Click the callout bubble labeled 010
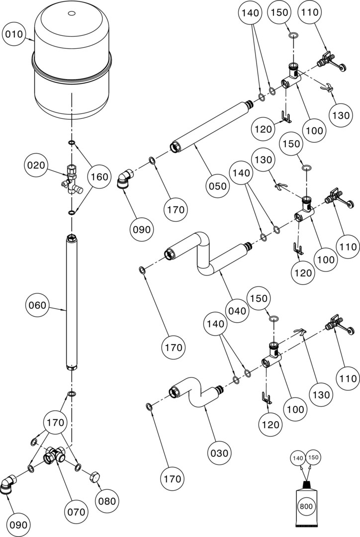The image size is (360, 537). [x=14, y=34]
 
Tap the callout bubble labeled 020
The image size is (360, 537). [x=36, y=165]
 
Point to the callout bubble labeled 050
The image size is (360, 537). [x=218, y=186]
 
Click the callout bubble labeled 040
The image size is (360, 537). [x=237, y=311]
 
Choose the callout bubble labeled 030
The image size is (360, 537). [x=219, y=453]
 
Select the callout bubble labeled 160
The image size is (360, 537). [x=98, y=177]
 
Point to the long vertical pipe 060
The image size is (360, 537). [x=72, y=303]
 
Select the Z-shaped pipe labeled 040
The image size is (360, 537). [x=206, y=254]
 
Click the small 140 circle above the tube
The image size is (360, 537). [x=297, y=457]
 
